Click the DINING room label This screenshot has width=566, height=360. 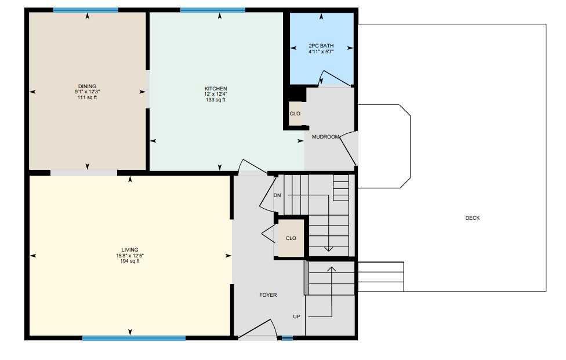pos(88,86)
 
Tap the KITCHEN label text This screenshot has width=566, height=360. pos(216,88)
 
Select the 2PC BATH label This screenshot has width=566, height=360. pos(321,46)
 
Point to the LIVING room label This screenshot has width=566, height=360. pos(130,250)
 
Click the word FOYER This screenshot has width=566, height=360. pos(268,295)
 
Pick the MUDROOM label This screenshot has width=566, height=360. pos(325,137)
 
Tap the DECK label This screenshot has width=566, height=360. pos(473,218)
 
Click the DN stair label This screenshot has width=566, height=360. pos(277,195)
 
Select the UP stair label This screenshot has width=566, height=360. pos(296,317)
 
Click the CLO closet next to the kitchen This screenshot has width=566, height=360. pos(295,114)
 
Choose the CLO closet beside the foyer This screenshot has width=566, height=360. pos(291,238)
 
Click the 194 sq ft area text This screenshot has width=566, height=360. pos(130,261)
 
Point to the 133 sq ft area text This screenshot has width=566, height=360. pos(216,100)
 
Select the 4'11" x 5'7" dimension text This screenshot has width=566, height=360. pos(321,52)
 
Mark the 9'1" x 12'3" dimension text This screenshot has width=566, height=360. pos(88,92)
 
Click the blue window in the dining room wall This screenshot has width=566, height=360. pos(86,10)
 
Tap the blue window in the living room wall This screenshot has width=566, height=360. pos(134,338)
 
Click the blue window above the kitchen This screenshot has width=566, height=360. pos(213,10)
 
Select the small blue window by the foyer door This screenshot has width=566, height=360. pos(287,338)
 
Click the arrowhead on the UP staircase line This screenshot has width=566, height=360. pos(331,269)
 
